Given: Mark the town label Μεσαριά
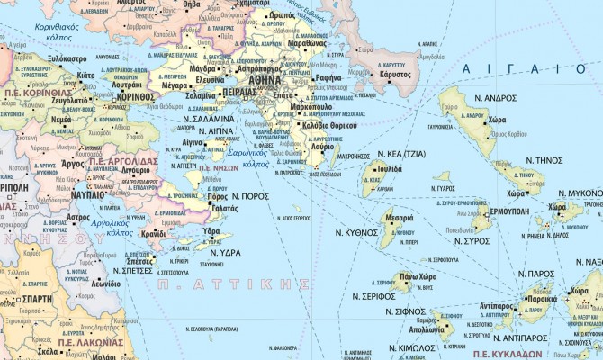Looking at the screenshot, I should (x=399, y=218).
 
